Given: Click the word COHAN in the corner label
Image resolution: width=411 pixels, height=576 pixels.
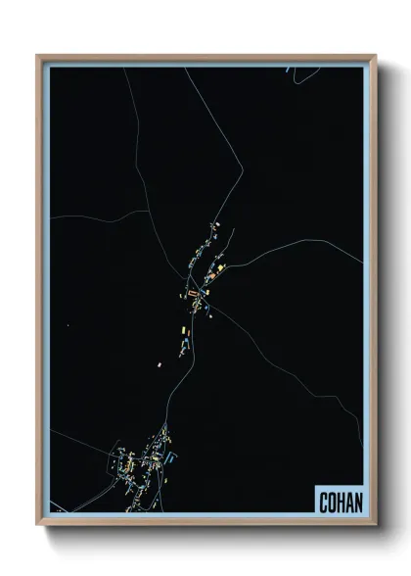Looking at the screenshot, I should coord(340,502).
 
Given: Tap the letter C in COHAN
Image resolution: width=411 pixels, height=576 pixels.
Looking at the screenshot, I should coord(324,502).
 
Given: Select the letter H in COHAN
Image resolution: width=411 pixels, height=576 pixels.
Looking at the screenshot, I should coord(340,502).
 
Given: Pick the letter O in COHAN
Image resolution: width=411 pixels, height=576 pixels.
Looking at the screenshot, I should coord(332,502).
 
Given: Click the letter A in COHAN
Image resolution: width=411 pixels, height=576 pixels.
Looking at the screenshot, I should coord(348,502).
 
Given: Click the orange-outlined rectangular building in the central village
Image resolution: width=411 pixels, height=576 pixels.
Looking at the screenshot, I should coord(194,292).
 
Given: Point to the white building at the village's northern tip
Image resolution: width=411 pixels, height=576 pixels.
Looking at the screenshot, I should coord(218,224).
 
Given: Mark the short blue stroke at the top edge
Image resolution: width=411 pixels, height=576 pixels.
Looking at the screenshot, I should coord(290,70).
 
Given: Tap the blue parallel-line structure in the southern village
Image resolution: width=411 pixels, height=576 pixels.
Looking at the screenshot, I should coord(173,456).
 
